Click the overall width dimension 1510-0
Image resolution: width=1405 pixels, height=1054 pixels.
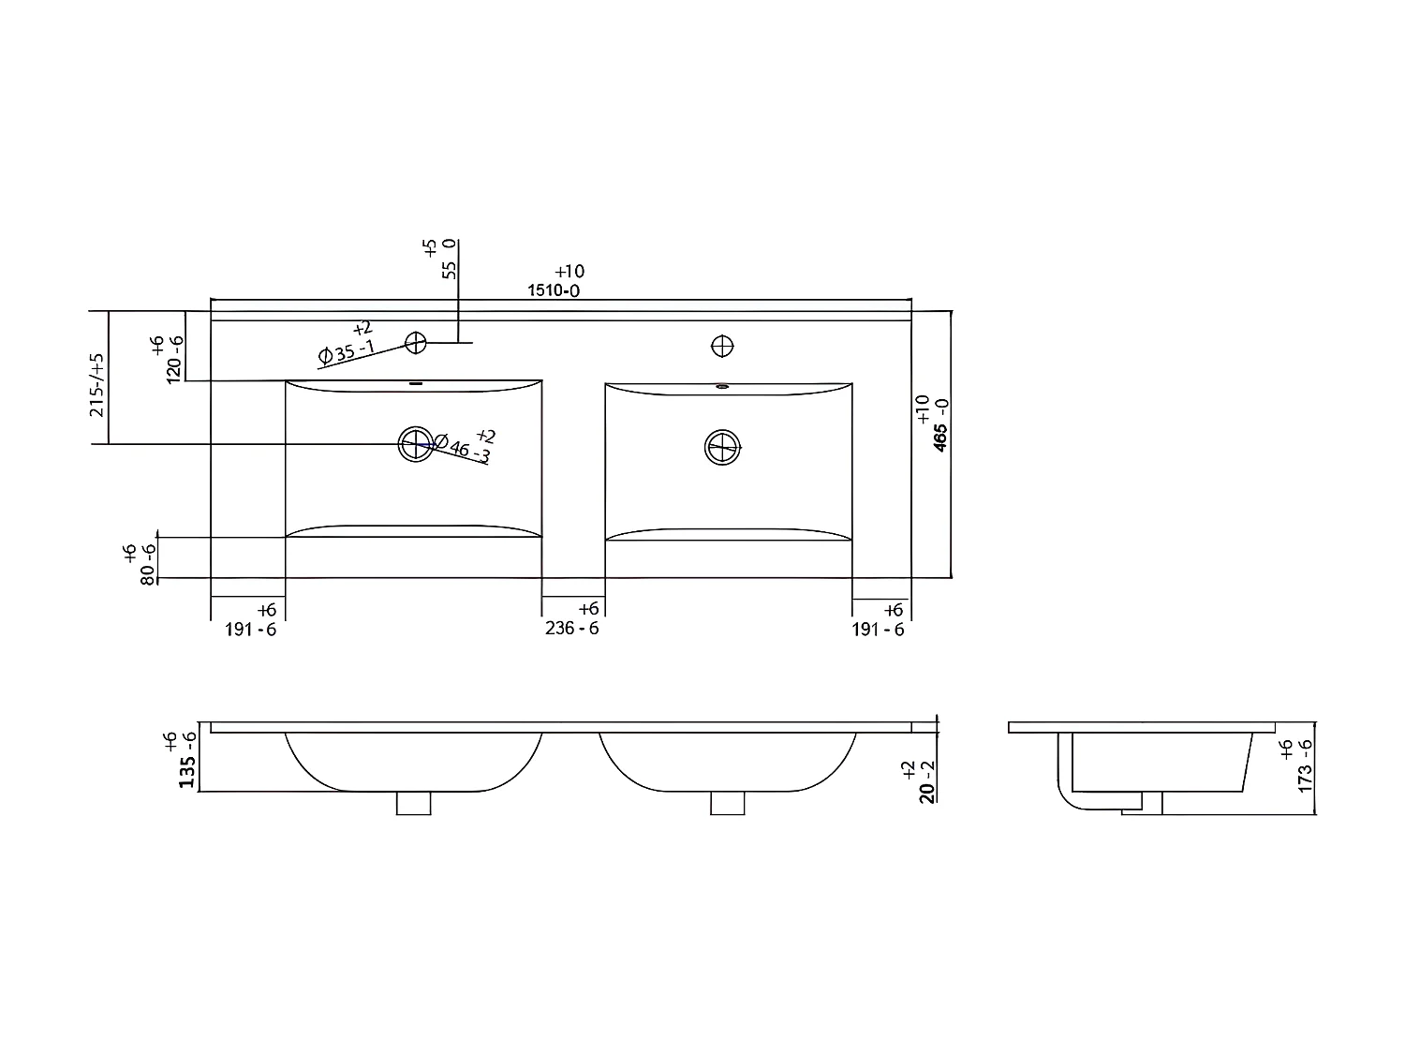554,290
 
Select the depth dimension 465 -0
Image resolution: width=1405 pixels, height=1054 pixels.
940,437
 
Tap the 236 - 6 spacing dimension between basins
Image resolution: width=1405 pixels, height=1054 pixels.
572,629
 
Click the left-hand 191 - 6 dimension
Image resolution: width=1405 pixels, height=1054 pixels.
251,630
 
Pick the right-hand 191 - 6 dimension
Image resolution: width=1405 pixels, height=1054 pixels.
879,630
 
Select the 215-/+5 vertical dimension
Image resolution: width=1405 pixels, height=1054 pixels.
96,385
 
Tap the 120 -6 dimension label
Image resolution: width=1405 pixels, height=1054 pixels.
173,359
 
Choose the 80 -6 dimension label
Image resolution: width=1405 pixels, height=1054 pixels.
147,564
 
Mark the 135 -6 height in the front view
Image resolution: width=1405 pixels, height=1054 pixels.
186,759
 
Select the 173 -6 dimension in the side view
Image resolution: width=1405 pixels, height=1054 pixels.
1305,765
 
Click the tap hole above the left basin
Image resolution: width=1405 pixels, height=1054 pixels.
416,343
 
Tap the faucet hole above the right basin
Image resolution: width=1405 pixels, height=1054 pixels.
722,346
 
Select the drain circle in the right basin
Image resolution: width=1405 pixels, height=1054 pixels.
722,447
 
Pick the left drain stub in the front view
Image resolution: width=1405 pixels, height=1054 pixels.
414,803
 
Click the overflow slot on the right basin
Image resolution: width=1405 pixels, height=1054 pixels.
722,385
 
